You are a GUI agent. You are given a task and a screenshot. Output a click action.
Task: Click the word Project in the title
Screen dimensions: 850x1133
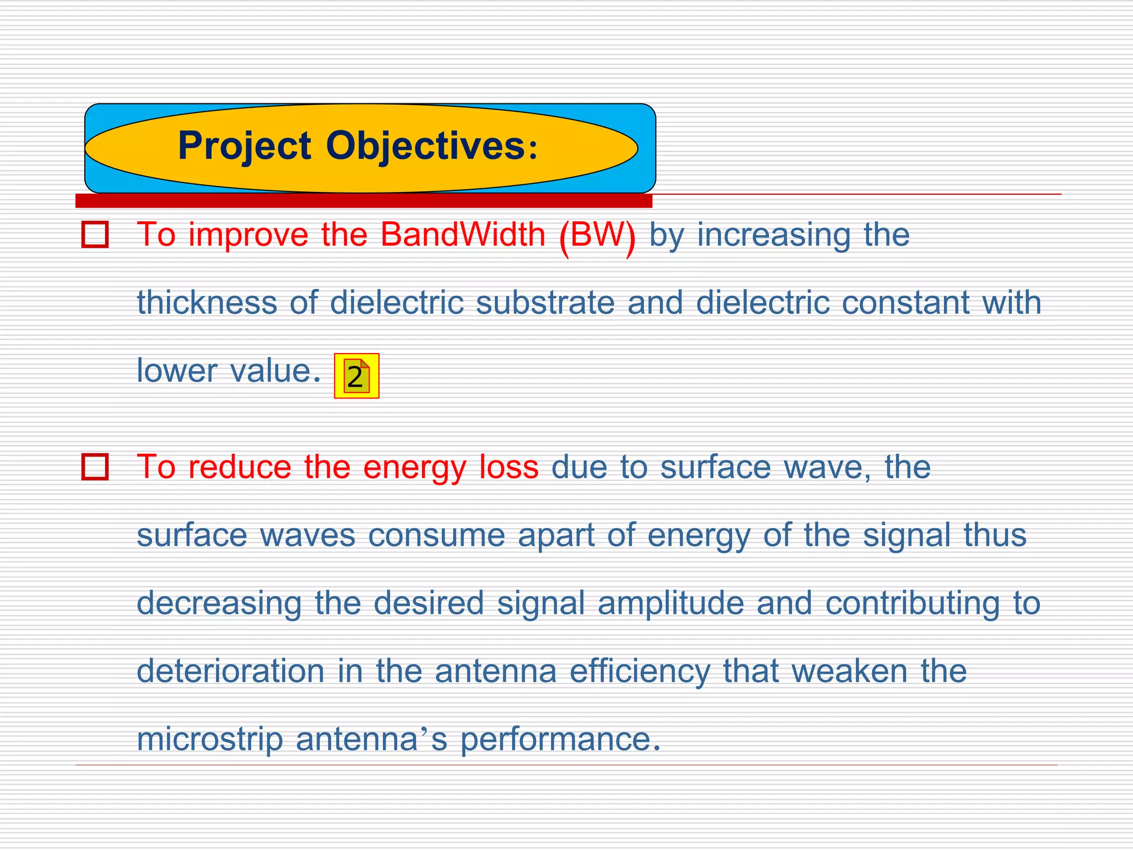[x=244, y=146]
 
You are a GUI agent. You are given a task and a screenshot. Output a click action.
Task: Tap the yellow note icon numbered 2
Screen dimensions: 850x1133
[x=356, y=376]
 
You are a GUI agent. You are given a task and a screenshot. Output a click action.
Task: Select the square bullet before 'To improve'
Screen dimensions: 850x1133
[x=95, y=235]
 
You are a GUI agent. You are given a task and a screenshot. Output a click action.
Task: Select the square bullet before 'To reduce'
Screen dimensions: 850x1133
[x=95, y=467]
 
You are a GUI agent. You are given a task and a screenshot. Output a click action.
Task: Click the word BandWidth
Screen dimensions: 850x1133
[x=463, y=235]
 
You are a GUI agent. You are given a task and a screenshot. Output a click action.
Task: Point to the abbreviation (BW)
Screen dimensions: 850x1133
[x=597, y=236]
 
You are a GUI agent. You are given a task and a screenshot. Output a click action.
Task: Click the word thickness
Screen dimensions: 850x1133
[x=207, y=303]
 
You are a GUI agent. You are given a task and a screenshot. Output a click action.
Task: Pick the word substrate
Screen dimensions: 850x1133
[x=545, y=303]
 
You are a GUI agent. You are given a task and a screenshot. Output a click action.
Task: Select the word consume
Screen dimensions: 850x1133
[x=436, y=535]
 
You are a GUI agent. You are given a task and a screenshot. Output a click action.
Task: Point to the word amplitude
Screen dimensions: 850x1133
[x=671, y=603]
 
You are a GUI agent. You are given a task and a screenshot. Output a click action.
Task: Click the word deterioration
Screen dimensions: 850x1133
[x=230, y=671]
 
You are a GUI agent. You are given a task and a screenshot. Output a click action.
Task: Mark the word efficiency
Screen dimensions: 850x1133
[x=640, y=672]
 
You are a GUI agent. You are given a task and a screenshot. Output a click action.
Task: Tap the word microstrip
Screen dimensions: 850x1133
[x=210, y=739]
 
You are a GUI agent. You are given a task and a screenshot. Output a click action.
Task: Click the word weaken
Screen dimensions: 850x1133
[x=849, y=671]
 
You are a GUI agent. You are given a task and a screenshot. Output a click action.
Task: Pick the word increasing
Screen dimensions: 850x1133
[x=773, y=236]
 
